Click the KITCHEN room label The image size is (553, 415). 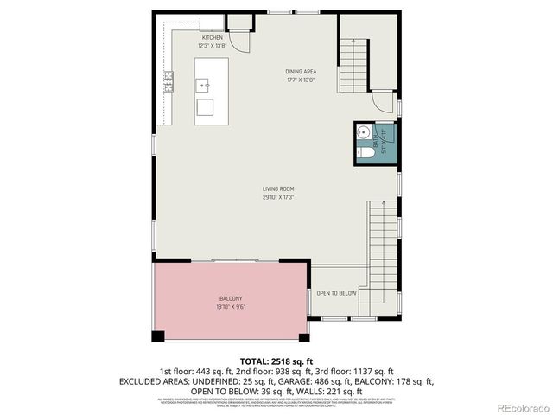pos(213,38)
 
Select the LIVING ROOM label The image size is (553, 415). pos(279,189)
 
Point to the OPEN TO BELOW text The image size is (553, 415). pos(336,293)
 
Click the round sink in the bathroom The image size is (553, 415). pos(364,133)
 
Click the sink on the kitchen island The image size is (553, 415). pos(206,85)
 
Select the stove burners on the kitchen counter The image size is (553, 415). pos(168,82)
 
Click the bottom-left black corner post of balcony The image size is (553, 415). pos(158,336)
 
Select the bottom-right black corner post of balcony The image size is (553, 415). pos(302,336)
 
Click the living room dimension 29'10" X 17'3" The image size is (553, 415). pos(279,197)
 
